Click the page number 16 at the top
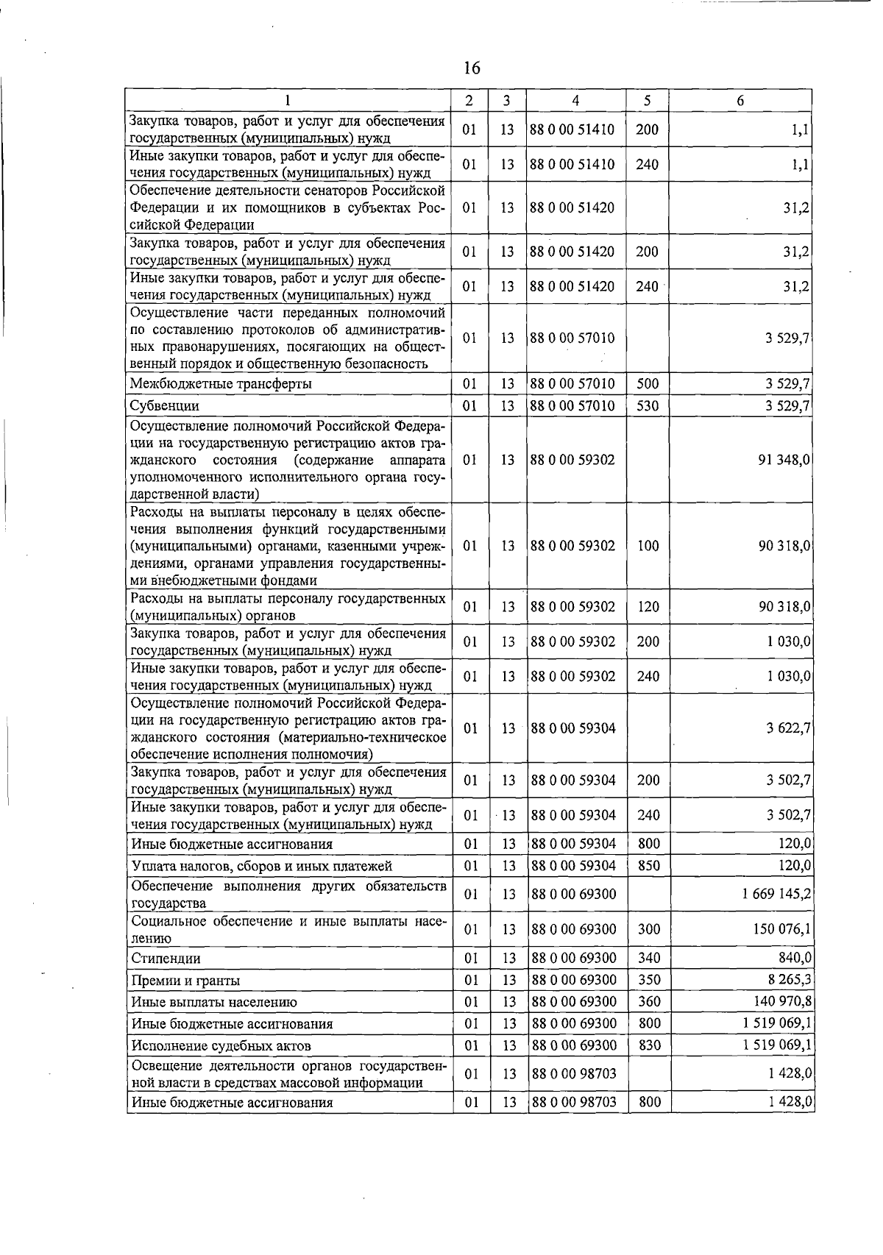(x=472, y=68)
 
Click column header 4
(x=575, y=101)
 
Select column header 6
(x=740, y=101)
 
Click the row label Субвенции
(x=165, y=406)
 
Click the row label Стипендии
(x=166, y=959)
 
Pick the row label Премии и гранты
(x=185, y=981)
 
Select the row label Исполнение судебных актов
(x=221, y=1046)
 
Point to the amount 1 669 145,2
(x=776, y=895)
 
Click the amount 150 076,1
(x=781, y=930)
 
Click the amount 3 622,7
(x=788, y=728)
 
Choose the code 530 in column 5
(x=648, y=405)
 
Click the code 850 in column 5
(x=648, y=866)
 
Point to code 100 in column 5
(x=648, y=546)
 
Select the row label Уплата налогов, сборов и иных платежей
(x=261, y=867)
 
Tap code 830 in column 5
(x=648, y=1045)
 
